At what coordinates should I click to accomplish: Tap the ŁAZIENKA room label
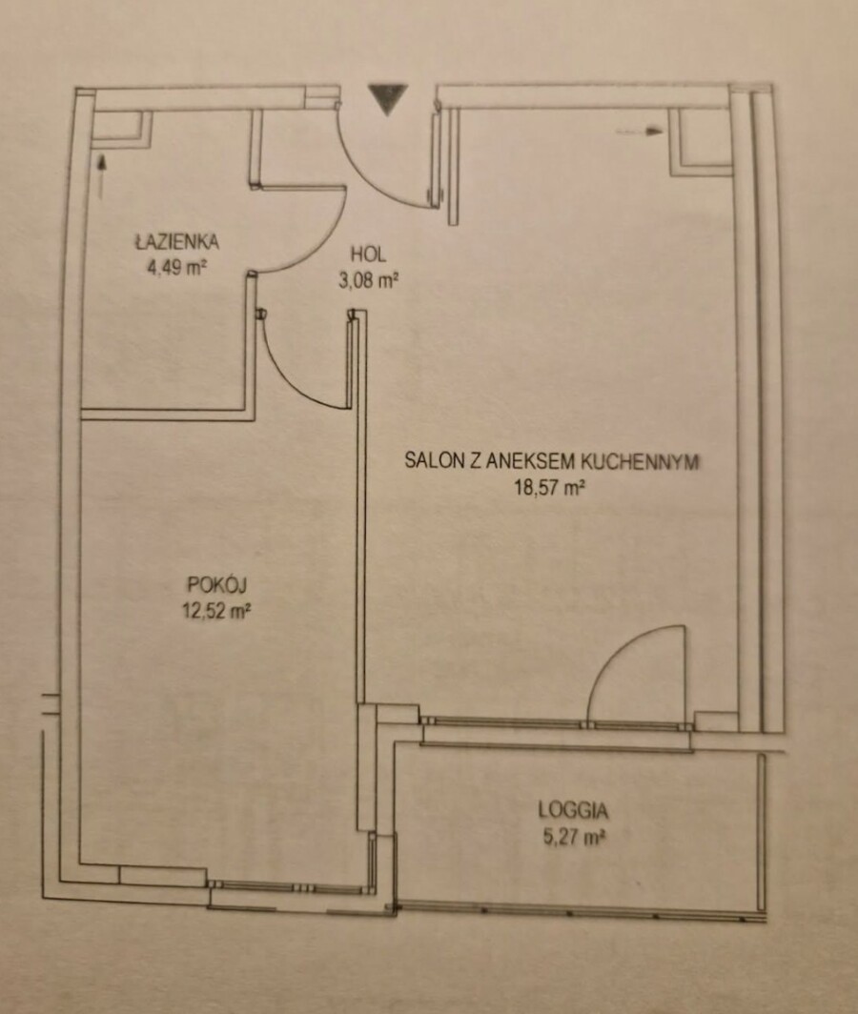point(176,242)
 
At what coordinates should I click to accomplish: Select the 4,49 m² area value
point(176,267)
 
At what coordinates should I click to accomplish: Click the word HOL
point(368,254)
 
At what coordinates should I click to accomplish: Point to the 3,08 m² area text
point(368,280)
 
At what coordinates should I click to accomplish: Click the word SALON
point(428,460)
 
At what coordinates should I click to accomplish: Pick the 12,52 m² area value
point(216,611)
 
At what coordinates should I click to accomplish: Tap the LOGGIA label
point(573,810)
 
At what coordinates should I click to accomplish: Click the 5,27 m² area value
point(573,838)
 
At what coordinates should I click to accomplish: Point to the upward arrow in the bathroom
point(101,176)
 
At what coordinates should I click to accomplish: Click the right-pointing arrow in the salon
point(640,132)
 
